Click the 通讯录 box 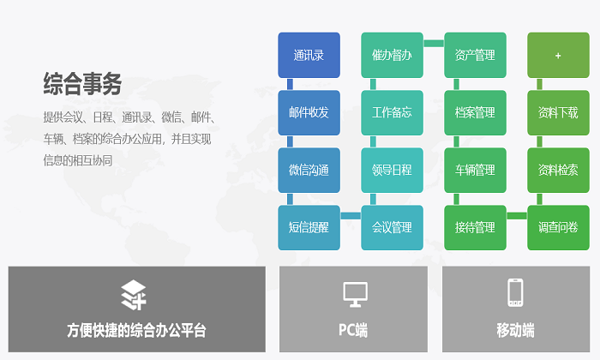pyautogui.click(x=309, y=55)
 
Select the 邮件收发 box pyautogui.click(x=309, y=112)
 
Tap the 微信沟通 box pyautogui.click(x=309, y=170)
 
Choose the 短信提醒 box pyautogui.click(x=309, y=228)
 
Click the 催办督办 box pyautogui.click(x=392, y=55)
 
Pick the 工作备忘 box pyautogui.click(x=392, y=112)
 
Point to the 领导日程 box pyautogui.click(x=392, y=170)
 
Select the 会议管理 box pyautogui.click(x=392, y=228)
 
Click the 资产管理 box pyautogui.click(x=475, y=55)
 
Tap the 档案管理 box pyautogui.click(x=475, y=112)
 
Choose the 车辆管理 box pyautogui.click(x=475, y=170)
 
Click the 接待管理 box pyautogui.click(x=475, y=228)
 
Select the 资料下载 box pyautogui.click(x=558, y=112)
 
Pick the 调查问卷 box pyautogui.click(x=558, y=228)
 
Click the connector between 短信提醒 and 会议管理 pyautogui.click(x=351, y=216)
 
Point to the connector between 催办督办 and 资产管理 pyautogui.click(x=434, y=43)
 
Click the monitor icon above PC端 pyautogui.click(x=355, y=294)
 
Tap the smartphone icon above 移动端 pyautogui.click(x=515, y=292)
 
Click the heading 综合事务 pyautogui.click(x=82, y=84)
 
